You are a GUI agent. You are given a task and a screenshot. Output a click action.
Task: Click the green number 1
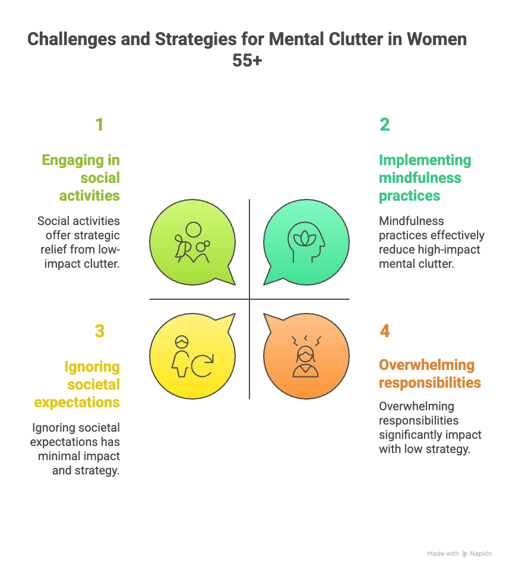click(99, 125)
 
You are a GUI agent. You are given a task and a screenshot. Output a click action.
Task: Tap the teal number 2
click(385, 125)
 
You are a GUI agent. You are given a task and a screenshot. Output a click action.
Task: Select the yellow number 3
click(99, 331)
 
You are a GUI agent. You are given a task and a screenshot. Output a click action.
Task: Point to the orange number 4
click(385, 331)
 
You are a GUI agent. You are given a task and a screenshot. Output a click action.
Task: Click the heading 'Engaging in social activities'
click(81, 178)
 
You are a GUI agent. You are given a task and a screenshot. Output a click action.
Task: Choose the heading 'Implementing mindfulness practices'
click(425, 178)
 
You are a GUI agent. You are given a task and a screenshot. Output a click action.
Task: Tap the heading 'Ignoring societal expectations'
click(78, 384)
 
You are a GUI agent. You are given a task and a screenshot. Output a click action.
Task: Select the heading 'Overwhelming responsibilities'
click(429, 373)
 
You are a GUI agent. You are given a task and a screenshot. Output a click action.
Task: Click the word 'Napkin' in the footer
click(482, 553)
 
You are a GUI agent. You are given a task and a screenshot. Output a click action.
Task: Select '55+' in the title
click(247, 60)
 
